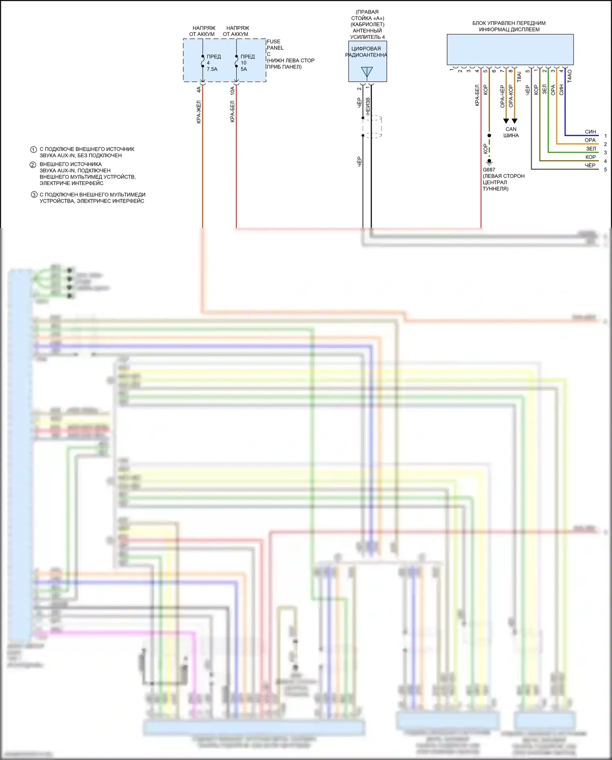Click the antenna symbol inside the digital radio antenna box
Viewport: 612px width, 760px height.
tap(367, 72)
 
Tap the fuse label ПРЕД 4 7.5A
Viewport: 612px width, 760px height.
tap(213, 63)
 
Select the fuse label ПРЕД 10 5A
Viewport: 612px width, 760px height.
tap(247, 63)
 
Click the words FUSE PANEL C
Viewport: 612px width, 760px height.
tap(275, 48)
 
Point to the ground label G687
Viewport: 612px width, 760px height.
tap(489, 170)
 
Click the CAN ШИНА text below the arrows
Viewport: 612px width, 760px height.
tap(511, 132)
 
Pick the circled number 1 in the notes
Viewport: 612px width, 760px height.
tap(33, 149)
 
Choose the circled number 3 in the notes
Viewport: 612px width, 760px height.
tap(34, 195)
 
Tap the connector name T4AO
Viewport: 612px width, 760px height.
tap(570, 76)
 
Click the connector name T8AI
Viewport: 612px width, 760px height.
tap(519, 77)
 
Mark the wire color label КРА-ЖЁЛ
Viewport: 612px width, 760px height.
tap(199, 112)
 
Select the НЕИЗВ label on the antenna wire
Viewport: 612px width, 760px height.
tap(368, 106)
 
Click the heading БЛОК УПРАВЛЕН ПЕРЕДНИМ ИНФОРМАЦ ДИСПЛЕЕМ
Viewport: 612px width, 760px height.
tap(509, 26)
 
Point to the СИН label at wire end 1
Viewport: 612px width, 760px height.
tap(590, 132)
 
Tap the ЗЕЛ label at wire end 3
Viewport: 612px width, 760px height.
tap(591, 149)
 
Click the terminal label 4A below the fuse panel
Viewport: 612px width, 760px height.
tap(199, 90)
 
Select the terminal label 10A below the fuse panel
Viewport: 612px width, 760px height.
tap(232, 91)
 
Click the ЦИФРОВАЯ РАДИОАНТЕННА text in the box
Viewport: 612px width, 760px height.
tap(366, 52)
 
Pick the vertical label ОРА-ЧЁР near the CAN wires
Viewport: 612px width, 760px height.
tap(502, 96)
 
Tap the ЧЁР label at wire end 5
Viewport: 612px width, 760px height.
tap(590, 165)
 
